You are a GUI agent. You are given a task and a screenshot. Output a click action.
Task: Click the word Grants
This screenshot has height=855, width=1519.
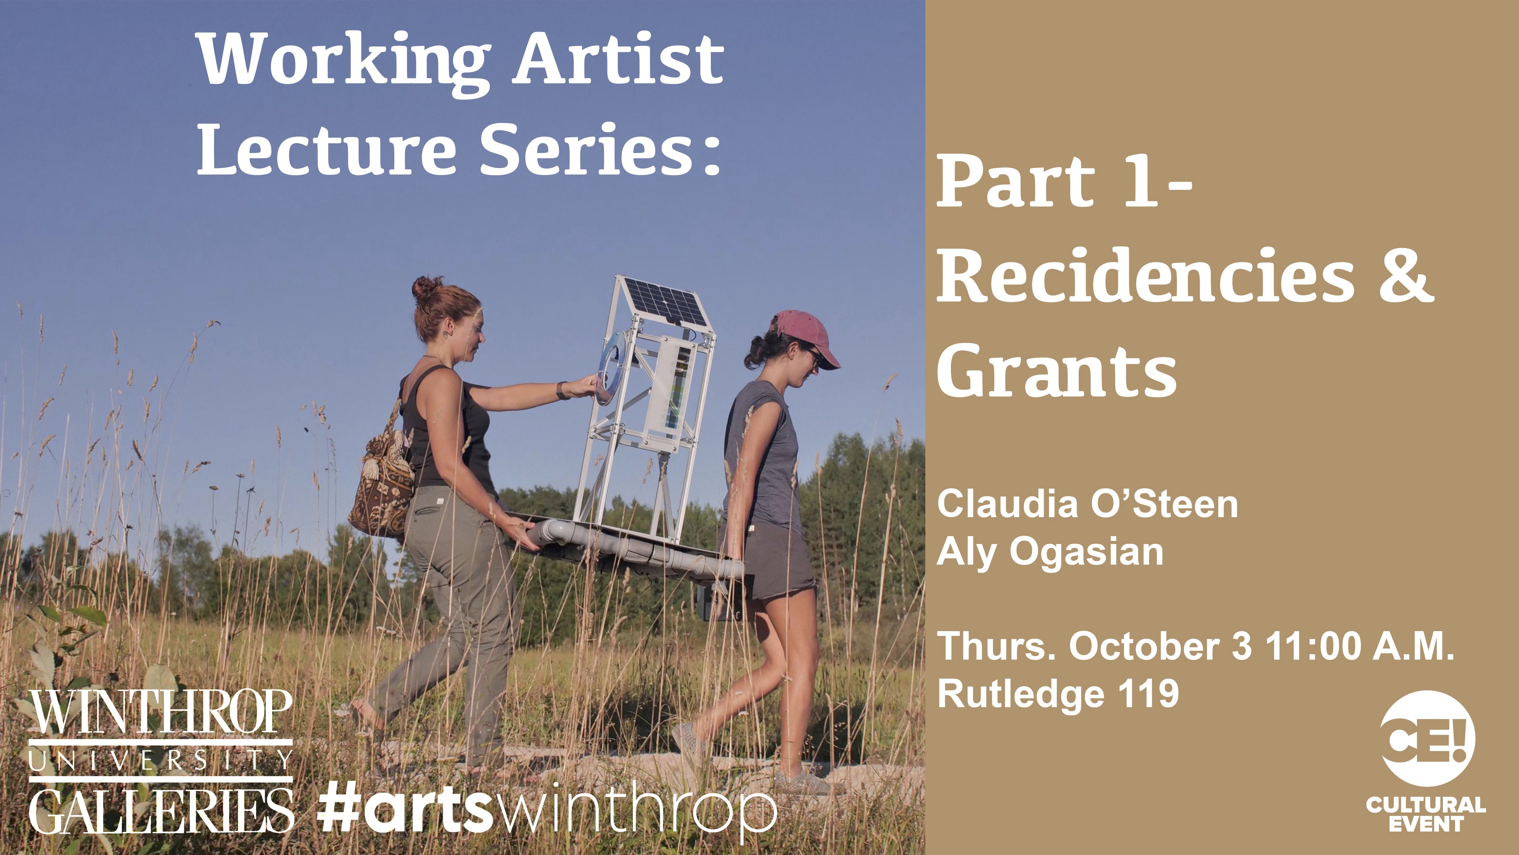click(x=1057, y=372)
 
